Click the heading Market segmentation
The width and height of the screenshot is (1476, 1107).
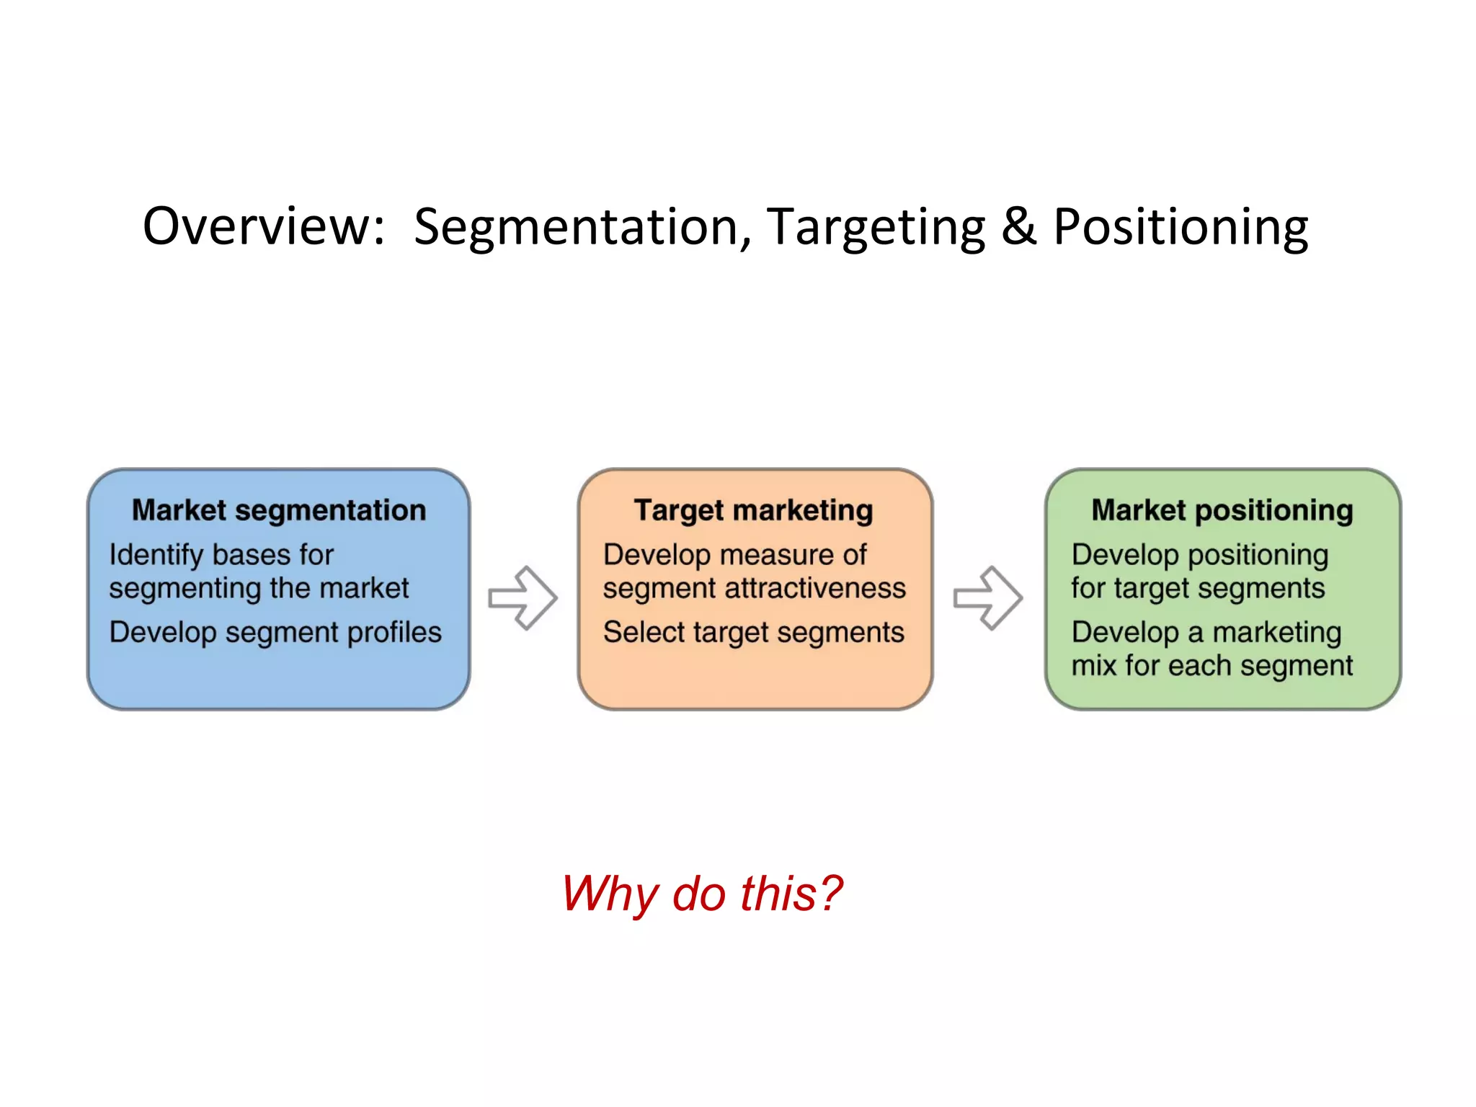click(279, 510)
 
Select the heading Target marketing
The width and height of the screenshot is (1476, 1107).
click(753, 510)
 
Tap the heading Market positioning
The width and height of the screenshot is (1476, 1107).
click(1222, 510)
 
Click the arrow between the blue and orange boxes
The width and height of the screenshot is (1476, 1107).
click(523, 597)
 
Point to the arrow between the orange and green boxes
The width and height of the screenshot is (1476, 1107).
click(988, 597)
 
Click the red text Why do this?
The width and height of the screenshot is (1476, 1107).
click(701, 894)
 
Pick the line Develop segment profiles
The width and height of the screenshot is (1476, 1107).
click(275, 633)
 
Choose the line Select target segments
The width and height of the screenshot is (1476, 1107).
click(753, 633)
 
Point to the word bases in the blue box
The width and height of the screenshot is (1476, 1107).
click(252, 555)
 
